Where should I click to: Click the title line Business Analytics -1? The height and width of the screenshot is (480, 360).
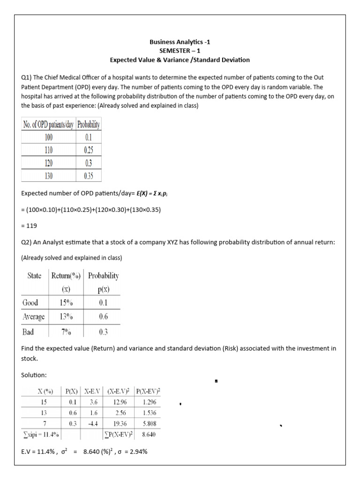180,42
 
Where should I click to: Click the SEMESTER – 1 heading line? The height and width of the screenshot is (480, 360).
180,51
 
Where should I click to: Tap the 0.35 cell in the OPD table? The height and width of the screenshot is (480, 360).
89,177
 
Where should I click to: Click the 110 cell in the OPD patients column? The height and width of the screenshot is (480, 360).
49,150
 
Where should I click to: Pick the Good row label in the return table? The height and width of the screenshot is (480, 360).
30,303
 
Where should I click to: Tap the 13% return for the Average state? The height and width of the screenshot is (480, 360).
66,316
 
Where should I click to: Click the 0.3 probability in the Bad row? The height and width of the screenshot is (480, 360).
103,332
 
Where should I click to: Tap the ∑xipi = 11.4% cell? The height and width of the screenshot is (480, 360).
41,435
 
